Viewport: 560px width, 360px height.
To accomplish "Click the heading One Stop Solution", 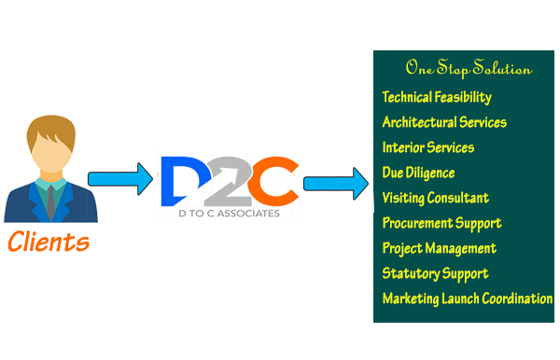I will point(469,69).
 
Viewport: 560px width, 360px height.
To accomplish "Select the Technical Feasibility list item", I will point(437,97).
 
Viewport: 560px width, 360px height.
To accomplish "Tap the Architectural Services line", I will point(444,122).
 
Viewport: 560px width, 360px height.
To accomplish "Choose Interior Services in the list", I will point(428,147).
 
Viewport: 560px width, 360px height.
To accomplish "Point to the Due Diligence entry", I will point(419,173).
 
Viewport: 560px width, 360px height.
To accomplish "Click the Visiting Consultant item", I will point(436,198).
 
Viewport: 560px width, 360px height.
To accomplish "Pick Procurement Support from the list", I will point(441,223).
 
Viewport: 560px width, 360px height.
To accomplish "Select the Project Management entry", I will point(440,248).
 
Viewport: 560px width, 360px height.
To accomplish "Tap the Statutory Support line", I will point(435,273).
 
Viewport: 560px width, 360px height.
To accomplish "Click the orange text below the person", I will point(49,242).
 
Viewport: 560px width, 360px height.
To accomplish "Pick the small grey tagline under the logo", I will point(229,212).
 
